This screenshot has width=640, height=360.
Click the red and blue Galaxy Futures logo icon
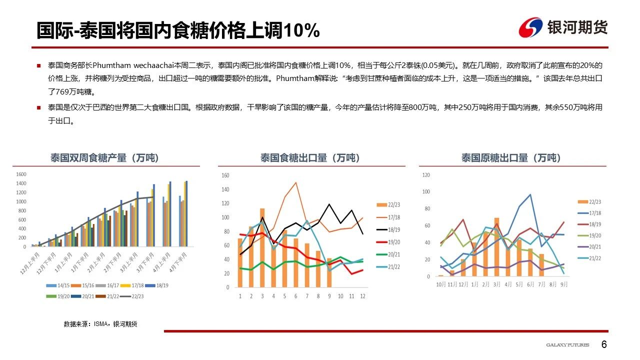531,27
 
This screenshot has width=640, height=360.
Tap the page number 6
604,345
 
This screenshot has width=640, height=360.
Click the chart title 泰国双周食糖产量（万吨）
104,158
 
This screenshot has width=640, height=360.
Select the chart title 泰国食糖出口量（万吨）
310,158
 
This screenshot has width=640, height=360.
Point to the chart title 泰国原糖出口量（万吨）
511,158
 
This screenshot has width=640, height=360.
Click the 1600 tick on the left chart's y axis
21,174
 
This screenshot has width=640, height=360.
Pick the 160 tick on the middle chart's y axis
225,175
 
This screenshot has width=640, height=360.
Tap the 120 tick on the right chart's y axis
426,175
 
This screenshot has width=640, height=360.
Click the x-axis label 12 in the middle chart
362,296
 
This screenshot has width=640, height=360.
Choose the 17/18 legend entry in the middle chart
393,217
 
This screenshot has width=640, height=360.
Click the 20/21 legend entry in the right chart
595,246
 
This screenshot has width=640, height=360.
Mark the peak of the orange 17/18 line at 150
296,182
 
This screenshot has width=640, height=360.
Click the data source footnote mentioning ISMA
100,324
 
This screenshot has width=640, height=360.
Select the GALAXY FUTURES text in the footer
567,345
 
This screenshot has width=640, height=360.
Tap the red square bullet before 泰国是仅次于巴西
38,107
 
